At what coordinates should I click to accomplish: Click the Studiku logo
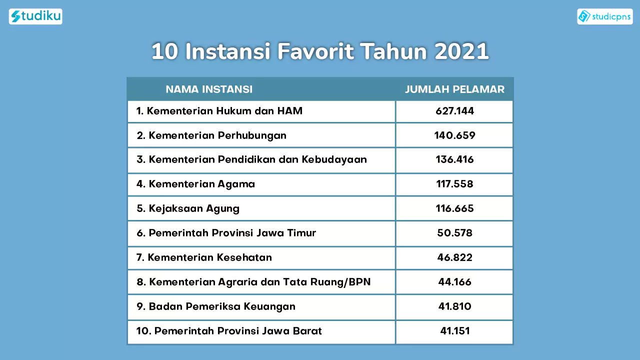tap(35, 16)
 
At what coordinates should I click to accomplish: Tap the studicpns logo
tap(605, 16)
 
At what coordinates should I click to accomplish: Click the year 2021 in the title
tap(461, 51)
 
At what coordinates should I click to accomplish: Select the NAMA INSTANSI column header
tap(209, 89)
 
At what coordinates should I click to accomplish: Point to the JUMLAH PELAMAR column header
tap(454, 89)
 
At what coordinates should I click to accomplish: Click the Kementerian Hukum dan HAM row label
tap(219, 111)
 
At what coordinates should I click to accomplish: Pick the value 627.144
tap(454, 111)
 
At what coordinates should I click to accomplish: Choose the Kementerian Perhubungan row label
tap(211, 135)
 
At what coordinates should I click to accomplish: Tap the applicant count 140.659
tap(454, 135)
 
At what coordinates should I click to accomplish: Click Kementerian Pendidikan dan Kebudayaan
tap(251, 159)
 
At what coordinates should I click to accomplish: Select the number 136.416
tap(454, 159)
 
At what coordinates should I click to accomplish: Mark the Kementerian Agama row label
tap(195, 184)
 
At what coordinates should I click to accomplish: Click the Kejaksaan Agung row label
tap(188, 208)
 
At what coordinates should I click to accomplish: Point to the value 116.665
tap(454, 208)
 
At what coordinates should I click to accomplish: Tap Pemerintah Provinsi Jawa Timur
tap(226, 233)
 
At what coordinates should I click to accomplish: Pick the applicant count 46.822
tap(454, 257)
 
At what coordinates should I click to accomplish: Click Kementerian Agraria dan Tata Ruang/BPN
tap(253, 282)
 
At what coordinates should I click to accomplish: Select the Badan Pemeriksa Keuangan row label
tap(216, 306)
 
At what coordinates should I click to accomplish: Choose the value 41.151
tap(455, 331)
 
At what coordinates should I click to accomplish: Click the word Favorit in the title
tap(315, 51)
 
